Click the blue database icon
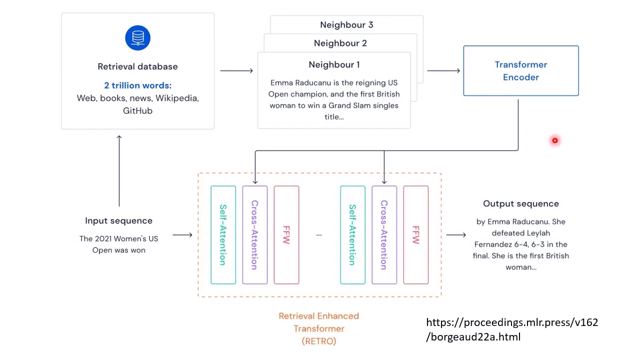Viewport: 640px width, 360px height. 137,37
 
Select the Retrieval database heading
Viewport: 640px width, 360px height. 137,66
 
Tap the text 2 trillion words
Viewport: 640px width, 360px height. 137,85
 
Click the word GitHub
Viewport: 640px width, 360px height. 137,110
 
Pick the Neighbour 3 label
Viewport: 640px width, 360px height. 346,25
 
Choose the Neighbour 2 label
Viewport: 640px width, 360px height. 340,43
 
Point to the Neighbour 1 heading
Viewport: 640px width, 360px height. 334,64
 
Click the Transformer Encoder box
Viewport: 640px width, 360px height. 521,70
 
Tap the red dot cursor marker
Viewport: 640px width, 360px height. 555,140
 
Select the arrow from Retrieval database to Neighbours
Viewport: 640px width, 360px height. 236,70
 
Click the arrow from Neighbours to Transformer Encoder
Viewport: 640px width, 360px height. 443,70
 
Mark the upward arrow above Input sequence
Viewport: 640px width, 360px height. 119,170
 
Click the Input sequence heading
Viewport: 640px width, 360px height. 119,220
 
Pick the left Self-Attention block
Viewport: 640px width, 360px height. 223,235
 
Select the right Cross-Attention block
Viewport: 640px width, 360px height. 384,235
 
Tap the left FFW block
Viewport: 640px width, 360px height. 286,235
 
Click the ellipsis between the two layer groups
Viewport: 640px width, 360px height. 319,235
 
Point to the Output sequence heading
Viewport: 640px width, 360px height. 521,203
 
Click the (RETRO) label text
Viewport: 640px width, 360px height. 319,341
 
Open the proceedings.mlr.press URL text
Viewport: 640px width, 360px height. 512,329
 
